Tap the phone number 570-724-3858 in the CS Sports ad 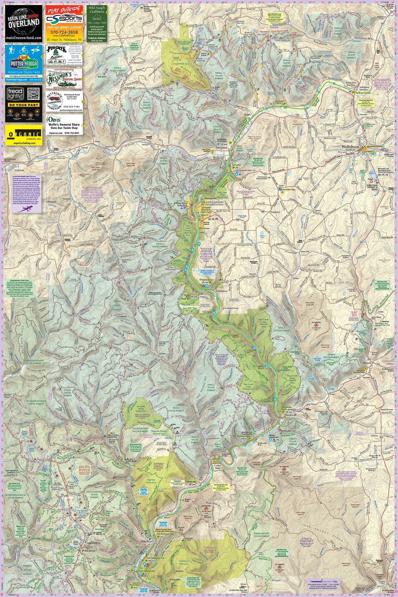click(64, 32)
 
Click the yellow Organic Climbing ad click(24, 135)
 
